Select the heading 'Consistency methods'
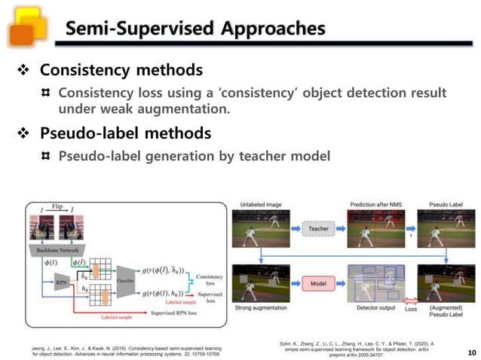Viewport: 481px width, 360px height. coord(121,70)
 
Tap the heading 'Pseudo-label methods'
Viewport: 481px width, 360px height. coord(125,133)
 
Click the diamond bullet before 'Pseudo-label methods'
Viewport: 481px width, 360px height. coord(23,134)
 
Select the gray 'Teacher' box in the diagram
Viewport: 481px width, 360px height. coord(319,228)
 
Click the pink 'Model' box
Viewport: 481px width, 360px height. coord(319,284)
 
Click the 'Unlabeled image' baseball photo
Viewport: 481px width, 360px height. coord(260,228)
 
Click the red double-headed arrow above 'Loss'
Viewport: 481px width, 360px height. coord(411,299)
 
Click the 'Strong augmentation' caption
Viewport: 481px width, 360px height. coord(260,309)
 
